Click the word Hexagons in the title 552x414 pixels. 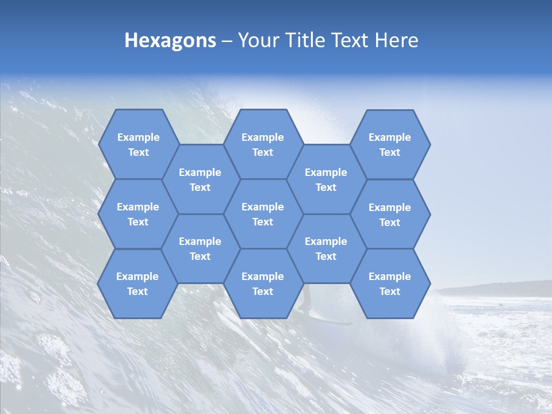[x=170, y=40]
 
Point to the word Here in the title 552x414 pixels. [x=396, y=40]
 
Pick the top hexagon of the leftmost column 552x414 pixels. [x=138, y=144]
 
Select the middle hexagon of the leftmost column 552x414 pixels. [x=138, y=214]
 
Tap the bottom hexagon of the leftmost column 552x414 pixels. [x=137, y=283]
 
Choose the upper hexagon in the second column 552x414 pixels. [x=200, y=179]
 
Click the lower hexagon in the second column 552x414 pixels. [x=200, y=248]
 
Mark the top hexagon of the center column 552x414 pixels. [x=263, y=144]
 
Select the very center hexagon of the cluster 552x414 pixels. [x=263, y=214]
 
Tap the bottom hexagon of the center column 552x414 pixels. [x=263, y=283]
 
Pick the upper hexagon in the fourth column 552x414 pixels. [x=326, y=179]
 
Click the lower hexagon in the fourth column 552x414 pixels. [x=326, y=248]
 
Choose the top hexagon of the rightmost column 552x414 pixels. [x=390, y=144]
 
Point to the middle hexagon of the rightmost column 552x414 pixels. [x=390, y=214]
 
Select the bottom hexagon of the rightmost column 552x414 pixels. [x=390, y=283]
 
